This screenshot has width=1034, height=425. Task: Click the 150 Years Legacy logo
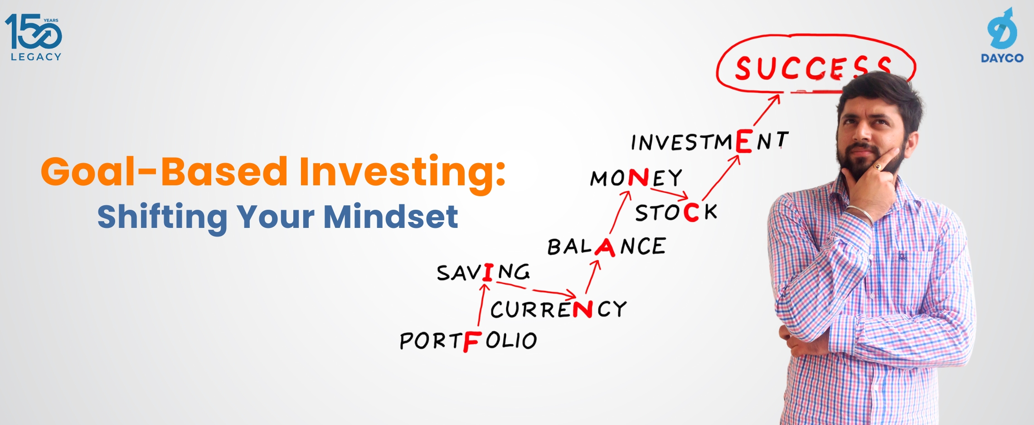[34, 37]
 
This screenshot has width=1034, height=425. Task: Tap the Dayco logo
[1002, 35]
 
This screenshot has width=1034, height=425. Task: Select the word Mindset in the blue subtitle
[390, 217]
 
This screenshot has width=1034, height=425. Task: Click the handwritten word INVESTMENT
[709, 141]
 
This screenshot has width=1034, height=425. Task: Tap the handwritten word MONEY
[636, 178]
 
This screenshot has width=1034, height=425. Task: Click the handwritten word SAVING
[483, 272]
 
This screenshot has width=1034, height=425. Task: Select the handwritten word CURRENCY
[558, 309]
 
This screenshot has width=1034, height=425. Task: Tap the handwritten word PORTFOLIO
[468, 341]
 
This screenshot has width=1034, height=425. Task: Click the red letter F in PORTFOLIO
[471, 342]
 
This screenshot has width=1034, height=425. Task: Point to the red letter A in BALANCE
[605, 247]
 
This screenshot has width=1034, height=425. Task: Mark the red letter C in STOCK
[691, 212]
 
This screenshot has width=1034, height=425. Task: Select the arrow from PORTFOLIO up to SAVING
[481, 304]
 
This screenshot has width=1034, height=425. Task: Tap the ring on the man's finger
[878, 167]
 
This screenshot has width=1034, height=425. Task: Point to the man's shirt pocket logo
[902, 257]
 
